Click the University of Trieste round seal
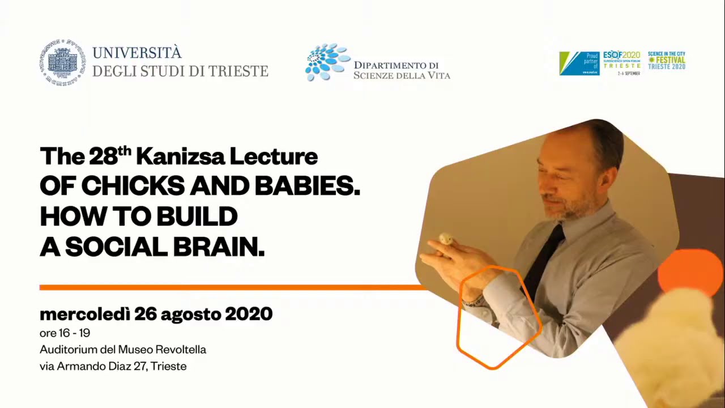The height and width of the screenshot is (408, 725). tap(62, 62)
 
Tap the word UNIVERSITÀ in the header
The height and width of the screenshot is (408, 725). tap(137, 53)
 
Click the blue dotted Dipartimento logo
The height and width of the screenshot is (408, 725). tap(327, 62)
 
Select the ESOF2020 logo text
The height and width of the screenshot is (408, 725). tap(621, 56)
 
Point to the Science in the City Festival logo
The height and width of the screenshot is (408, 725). tap(667, 61)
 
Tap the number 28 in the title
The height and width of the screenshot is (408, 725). tap(103, 157)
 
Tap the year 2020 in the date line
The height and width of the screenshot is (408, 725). tap(249, 314)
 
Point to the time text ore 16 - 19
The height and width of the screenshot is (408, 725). tap(65, 333)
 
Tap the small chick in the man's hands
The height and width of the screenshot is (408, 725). tap(446, 239)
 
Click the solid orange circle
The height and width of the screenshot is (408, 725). tap(690, 273)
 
